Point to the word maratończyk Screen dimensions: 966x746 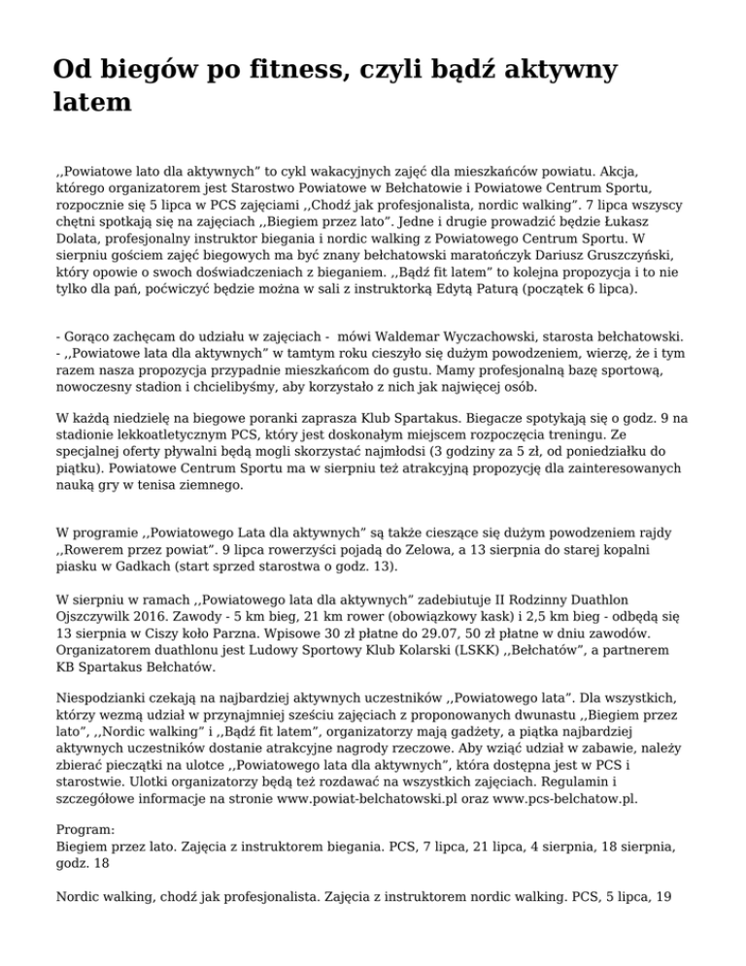[x=443, y=255]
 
